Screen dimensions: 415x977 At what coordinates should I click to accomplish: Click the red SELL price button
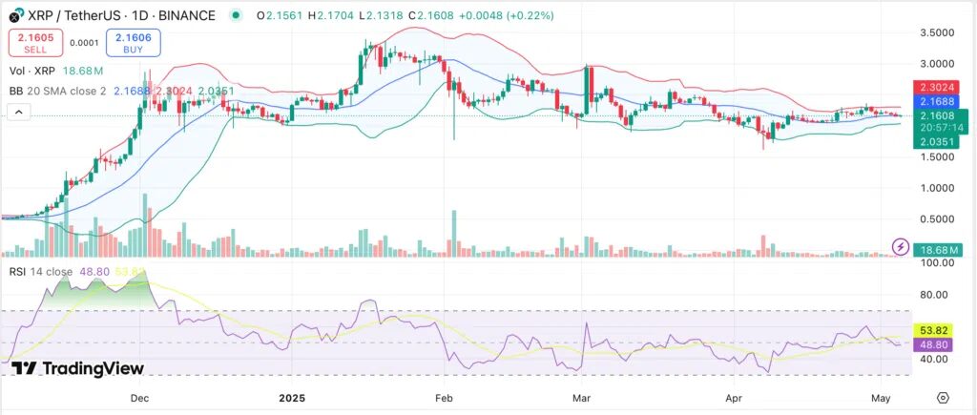[36, 41]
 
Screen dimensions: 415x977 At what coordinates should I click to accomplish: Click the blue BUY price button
[133, 41]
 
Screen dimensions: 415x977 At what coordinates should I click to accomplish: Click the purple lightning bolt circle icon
[900, 246]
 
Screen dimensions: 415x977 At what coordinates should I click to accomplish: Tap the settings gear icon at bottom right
[943, 397]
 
